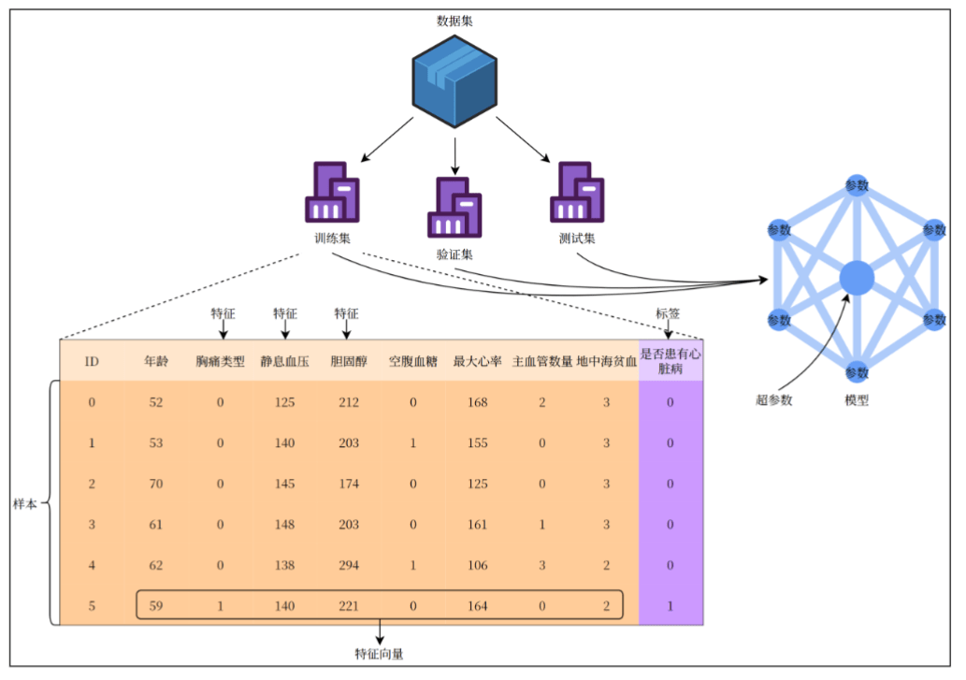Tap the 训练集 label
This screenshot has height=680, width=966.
(333, 238)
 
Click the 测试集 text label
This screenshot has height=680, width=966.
(577, 238)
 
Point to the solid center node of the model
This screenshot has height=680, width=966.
(857, 278)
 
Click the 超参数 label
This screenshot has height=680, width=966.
(774, 400)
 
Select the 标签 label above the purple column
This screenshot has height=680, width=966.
(670, 314)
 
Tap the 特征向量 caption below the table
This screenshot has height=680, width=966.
(380, 653)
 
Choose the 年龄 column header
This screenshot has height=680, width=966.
(156, 361)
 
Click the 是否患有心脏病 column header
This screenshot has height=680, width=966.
(670, 361)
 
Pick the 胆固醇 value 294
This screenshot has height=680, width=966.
(348, 565)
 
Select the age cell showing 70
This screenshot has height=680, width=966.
(156, 484)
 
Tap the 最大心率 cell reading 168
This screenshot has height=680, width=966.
(477, 402)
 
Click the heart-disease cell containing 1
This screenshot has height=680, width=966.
(670, 605)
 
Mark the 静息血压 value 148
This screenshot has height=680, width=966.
(284, 524)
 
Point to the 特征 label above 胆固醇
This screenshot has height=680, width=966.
(347, 314)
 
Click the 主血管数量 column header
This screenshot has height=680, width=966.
(542, 361)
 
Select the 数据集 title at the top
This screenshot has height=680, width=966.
(454, 21)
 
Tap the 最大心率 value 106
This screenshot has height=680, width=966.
(477, 565)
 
